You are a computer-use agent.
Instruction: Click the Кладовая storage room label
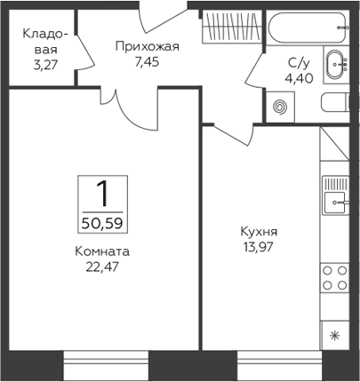click(x=45, y=42)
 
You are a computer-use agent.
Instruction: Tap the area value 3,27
click(x=45, y=65)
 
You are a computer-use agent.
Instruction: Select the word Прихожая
click(x=148, y=47)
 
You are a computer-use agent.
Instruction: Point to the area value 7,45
click(x=148, y=62)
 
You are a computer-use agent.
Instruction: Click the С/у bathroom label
click(x=299, y=63)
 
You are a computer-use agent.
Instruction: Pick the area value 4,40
click(x=300, y=78)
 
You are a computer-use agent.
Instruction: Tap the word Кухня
click(x=259, y=232)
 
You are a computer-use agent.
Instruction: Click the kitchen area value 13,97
click(x=258, y=247)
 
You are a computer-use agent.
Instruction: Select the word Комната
click(x=102, y=251)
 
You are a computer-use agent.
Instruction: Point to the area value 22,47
click(x=102, y=267)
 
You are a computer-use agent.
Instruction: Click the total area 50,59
click(x=102, y=224)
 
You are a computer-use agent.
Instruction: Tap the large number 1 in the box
click(x=103, y=194)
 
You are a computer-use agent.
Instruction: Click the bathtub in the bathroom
click(x=308, y=28)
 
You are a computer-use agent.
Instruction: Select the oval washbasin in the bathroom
click(x=335, y=64)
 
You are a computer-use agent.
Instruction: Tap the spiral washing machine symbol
click(x=280, y=107)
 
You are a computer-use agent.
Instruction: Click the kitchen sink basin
click(x=334, y=203)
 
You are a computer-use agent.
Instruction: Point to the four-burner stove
click(x=335, y=278)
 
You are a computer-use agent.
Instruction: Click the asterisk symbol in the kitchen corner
click(x=335, y=336)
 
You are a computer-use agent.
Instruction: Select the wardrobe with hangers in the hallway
click(x=232, y=27)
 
